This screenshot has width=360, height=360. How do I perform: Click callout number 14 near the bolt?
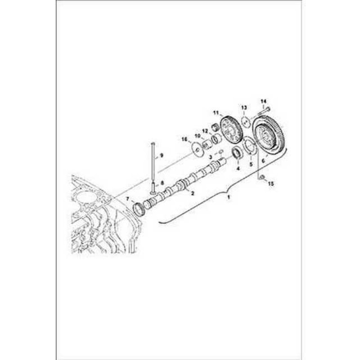(x=263, y=101)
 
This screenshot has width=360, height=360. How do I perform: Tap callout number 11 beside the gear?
(x=216, y=112)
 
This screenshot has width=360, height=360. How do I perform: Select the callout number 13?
(x=244, y=108)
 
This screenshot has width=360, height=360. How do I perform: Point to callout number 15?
(x=271, y=184)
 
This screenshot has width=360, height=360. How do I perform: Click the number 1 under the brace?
(x=229, y=197)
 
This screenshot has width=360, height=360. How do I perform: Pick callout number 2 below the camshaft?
(x=193, y=193)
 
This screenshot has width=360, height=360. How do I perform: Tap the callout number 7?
(x=128, y=199)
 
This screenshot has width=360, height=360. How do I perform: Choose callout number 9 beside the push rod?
(x=162, y=155)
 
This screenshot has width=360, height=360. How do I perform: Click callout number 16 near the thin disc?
(x=184, y=139)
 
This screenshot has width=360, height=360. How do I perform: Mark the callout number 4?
(x=238, y=168)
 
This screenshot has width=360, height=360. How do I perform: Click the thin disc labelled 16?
(x=197, y=149)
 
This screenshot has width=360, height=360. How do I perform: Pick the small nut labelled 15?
(x=263, y=177)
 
